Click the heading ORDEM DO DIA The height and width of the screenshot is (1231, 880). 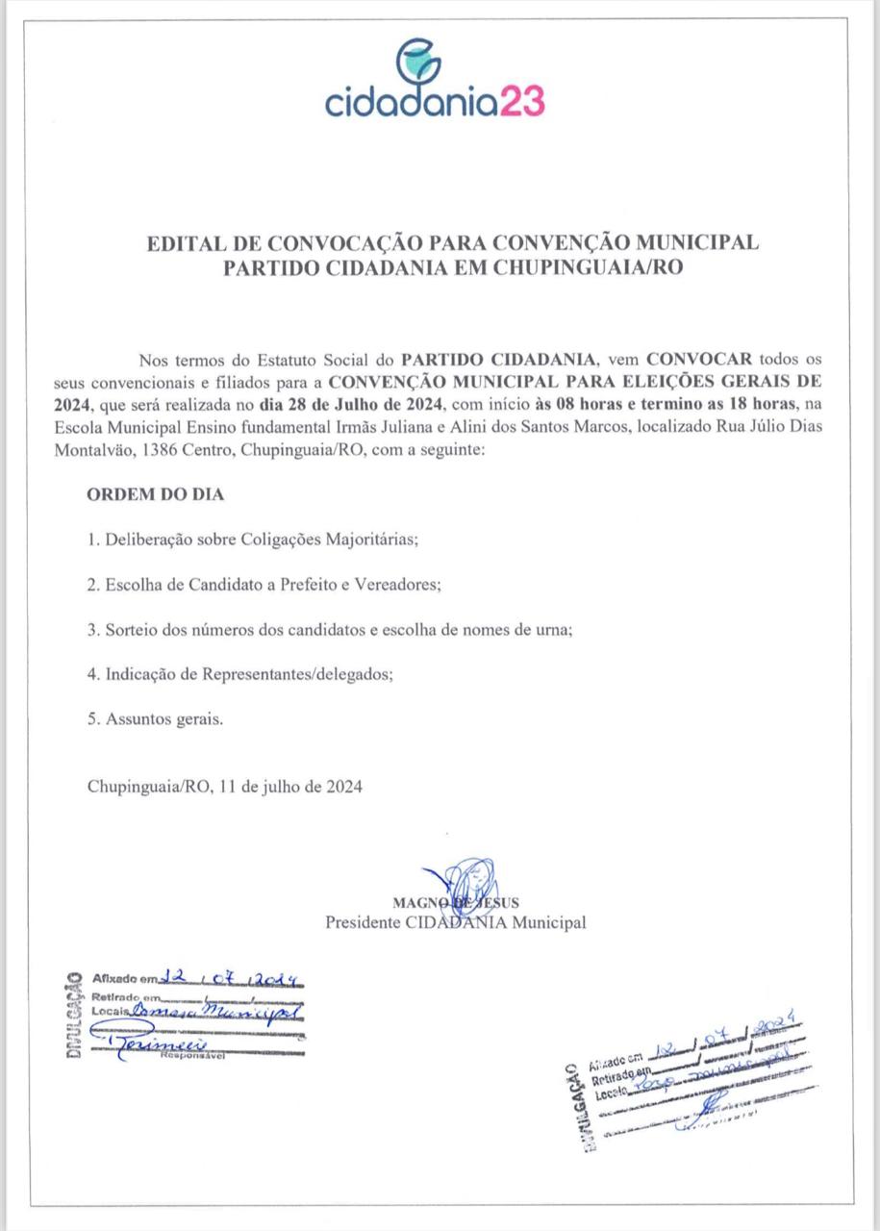(x=155, y=494)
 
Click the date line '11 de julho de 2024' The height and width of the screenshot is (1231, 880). (x=290, y=786)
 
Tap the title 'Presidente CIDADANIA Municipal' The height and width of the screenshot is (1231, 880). (x=455, y=922)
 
